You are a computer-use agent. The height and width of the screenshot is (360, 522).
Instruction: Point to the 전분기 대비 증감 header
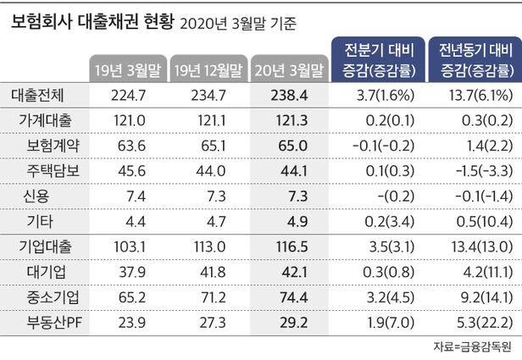coord(374,59)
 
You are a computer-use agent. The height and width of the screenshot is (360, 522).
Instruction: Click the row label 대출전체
coord(42,97)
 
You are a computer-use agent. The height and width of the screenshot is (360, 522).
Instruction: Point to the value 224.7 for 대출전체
coord(126,97)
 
